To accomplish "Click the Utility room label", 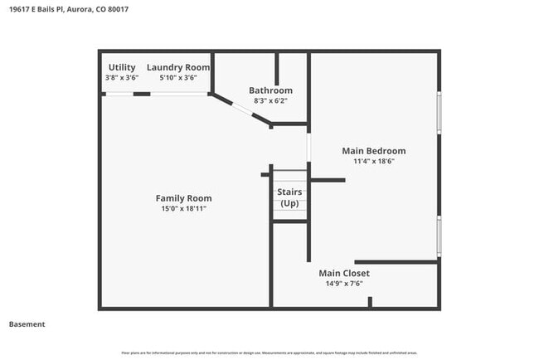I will pyautogui.click(x=121, y=66).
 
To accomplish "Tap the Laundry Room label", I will pyautogui.click(x=178, y=66).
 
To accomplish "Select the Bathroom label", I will pyautogui.click(x=270, y=90).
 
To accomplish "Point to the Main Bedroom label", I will pyautogui.click(x=374, y=150).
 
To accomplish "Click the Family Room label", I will pyautogui.click(x=183, y=198).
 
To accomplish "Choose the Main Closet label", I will pyautogui.click(x=344, y=273).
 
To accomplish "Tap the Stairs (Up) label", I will pyautogui.click(x=289, y=197).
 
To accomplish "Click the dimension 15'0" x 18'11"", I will pyautogui.click(x=183, y=209).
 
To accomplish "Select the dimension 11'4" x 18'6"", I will pyautogui.click(x=374, y=161).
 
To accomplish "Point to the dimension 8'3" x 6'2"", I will pyautogui.click(x=270, y=101).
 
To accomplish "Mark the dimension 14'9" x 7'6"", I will pyautogui.click(x=344, y=284).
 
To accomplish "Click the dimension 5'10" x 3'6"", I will pyautogui.click(x=178, y=77).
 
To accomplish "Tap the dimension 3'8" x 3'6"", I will pyautogui.click(x=121, y=77).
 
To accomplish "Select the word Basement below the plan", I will pyautogui.click(x=27, y=324).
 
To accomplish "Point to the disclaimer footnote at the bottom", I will pyautogui.click(x=269, y=353).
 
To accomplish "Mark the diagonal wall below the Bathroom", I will pyautogui.click(x=240, y=109).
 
